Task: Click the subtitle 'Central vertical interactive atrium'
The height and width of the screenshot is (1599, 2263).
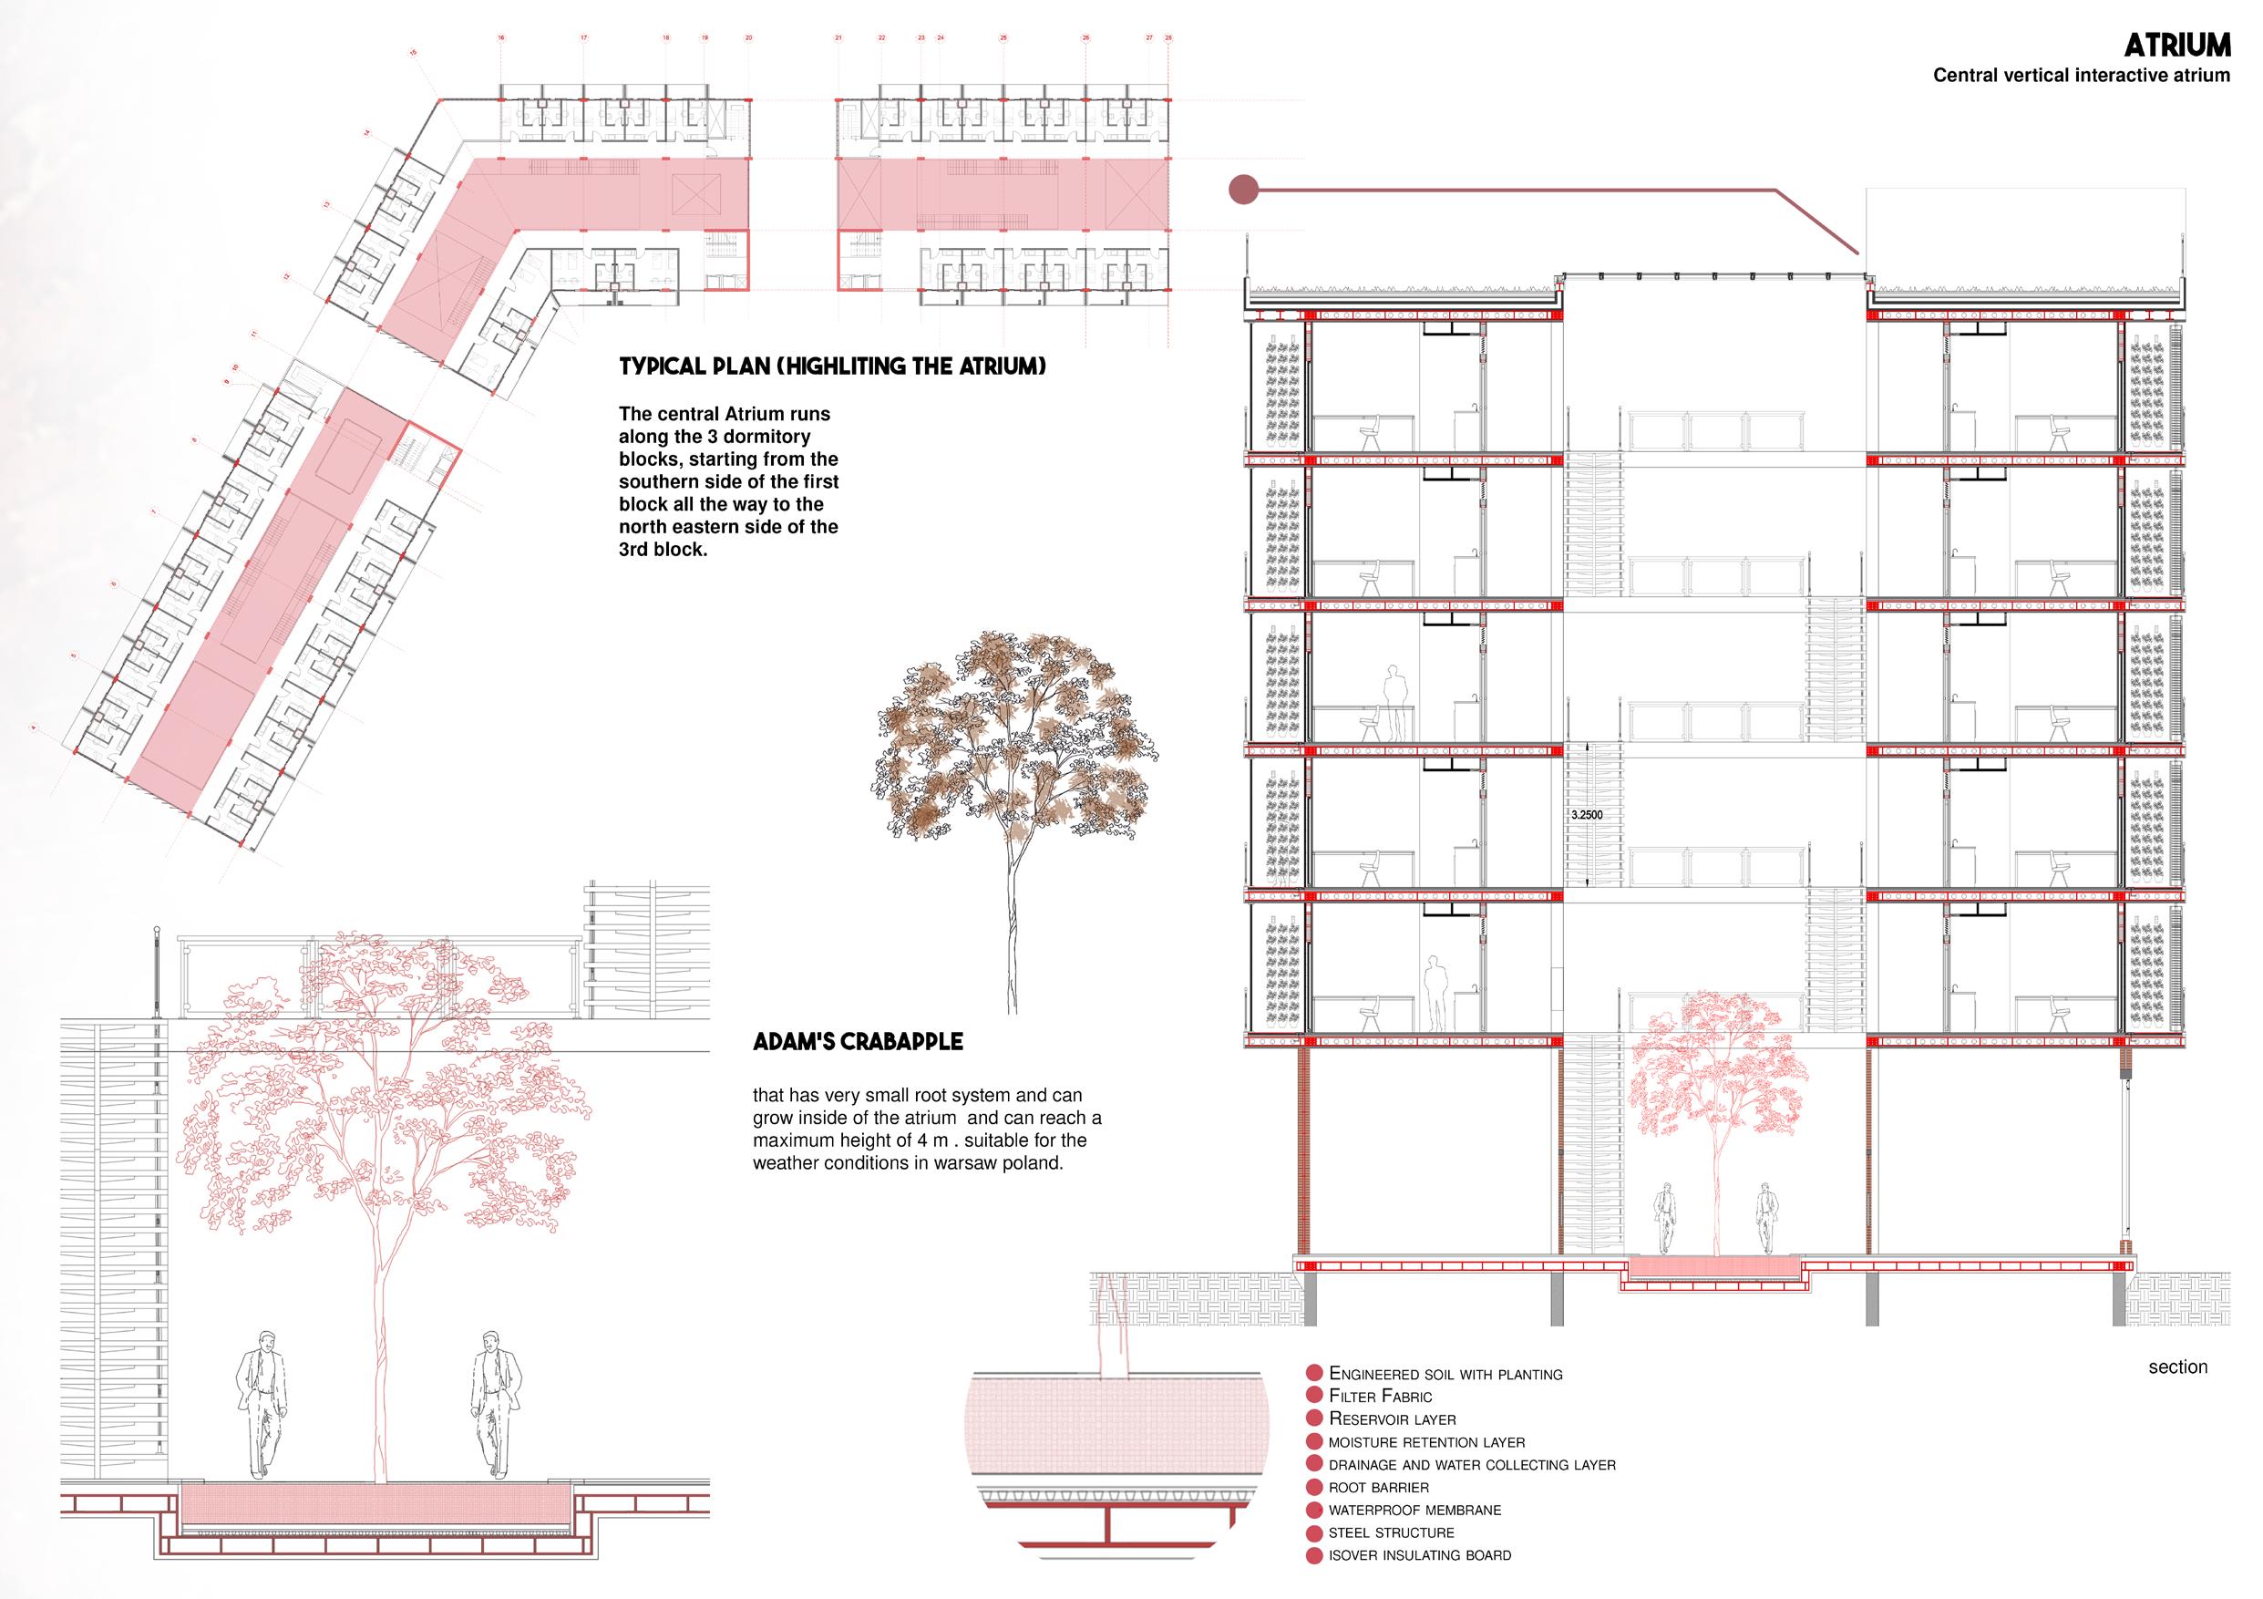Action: point(2081,76)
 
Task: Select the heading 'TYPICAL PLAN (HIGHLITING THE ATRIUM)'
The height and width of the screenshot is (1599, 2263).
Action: point(832,366)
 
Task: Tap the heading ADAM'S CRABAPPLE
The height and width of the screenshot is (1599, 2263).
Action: point(858,1041)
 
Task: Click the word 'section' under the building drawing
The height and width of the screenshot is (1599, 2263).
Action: point(2177,1367)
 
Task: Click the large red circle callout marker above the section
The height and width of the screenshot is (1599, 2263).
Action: point(1245,190)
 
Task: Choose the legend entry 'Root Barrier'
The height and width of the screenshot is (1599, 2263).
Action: point(1378,1487)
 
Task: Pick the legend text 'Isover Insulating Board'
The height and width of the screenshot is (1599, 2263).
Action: point(1419,1555)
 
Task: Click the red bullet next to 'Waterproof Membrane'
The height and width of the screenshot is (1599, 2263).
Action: point(1312,1511)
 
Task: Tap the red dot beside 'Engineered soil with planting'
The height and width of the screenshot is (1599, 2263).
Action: point(1312,1373)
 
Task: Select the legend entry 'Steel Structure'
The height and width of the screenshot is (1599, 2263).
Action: point(1391,1533)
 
